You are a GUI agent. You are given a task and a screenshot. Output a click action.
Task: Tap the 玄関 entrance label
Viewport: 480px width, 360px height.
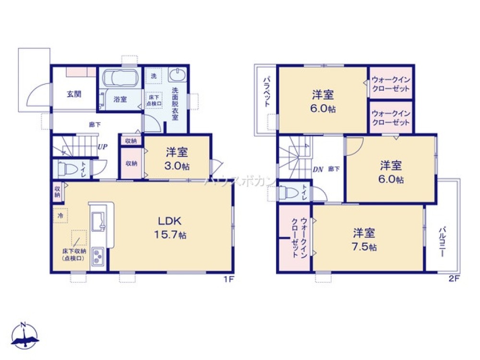[73, 93]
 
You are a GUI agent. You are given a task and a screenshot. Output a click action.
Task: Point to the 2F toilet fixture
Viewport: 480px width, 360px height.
[288, 192]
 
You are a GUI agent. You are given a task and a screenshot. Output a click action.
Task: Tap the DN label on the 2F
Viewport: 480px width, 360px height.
[317, 169]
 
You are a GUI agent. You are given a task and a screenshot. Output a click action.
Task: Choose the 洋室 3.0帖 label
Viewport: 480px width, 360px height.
[177, 157]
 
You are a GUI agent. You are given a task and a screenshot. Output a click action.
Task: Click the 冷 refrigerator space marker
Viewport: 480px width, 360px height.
[60, 216]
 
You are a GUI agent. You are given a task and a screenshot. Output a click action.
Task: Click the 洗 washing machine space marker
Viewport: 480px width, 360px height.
[154, 76]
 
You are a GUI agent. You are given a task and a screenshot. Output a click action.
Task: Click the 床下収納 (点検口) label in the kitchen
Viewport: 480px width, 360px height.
[73, 254]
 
